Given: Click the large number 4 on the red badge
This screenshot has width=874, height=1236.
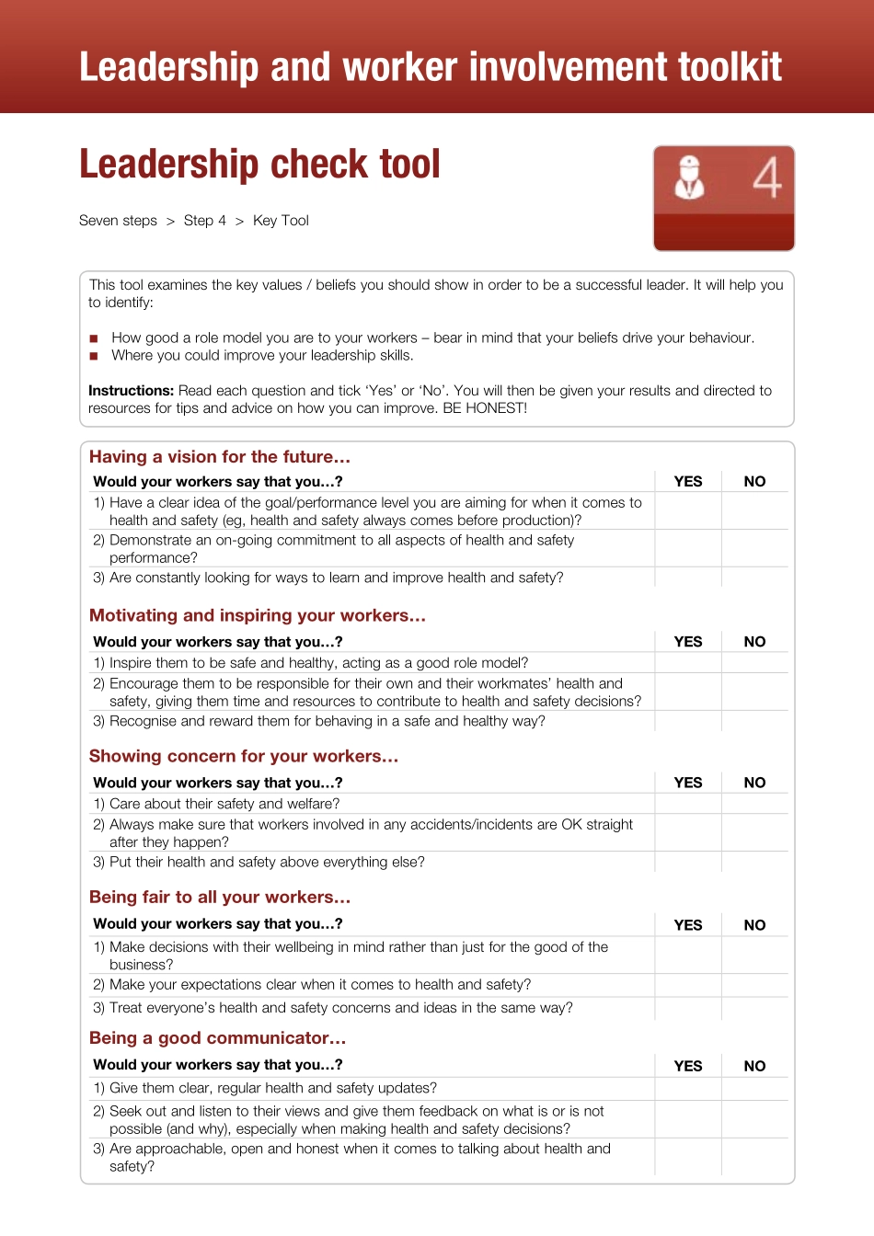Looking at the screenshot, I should [x=766, y=178].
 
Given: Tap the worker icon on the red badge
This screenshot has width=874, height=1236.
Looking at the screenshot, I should [x=689, y=178].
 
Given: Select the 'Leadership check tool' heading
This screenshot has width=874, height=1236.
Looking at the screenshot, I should [x=259, y=165].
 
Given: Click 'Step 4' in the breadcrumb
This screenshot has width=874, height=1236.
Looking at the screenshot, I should [x=204, y=221].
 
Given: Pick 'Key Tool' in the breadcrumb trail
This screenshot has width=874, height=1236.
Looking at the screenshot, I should [x=281, y=221].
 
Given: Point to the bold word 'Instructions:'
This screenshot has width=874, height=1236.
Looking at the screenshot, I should [x=131, y=391].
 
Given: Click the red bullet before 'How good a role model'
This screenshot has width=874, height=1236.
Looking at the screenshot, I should [x=94, y=338].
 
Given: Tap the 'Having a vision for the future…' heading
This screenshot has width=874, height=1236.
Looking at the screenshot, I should [x=220, y=457].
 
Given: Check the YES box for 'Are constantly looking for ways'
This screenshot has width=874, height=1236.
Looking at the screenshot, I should [x=688, y=578].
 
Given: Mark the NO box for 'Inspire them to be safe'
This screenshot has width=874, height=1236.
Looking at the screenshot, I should [x=754, y=663].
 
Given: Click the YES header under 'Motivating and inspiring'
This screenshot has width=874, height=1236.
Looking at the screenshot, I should [x=688, y=642].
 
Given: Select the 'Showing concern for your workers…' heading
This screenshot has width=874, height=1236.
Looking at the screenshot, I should [x=244, y=756].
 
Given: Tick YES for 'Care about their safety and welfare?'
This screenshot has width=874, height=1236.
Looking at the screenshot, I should [x=688, y=804].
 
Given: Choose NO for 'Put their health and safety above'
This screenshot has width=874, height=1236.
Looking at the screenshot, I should [x=754, y=862].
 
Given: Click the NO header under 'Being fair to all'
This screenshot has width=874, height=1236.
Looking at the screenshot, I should [x=754, y=925].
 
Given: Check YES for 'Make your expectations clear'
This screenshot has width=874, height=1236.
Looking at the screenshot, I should [x=688, y=985].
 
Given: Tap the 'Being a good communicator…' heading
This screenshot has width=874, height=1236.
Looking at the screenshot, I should [x=218, y=1038].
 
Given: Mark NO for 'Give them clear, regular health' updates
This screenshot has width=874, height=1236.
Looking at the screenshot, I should [x=754, y=1088].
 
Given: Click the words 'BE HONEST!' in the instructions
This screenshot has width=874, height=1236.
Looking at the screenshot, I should [x=485, y=408].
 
